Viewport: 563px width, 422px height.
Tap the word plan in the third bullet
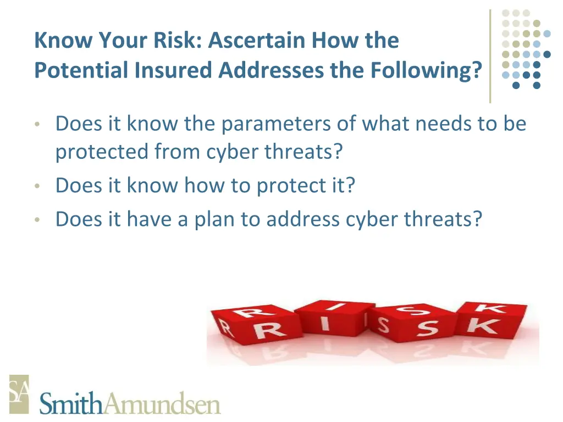tap(215, 219)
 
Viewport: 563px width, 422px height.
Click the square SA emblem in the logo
tap(19, 393)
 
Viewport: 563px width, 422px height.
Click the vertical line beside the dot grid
tap(490, 55)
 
